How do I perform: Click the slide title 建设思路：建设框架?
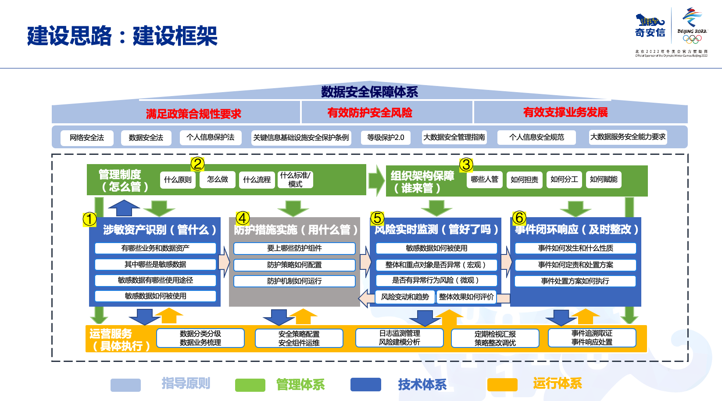pyautogui.click(x=122, y=36)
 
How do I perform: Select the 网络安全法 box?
pyautogui.click(x=87, y=138)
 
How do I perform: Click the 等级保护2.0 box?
pyautogui.click(x=386, y=138)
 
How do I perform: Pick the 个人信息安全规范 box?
pyautogui.click(x=536, y=137)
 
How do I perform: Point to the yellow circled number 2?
pyautogui.click(x=197, y=164)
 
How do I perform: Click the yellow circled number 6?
pyautogui.click(x=519, y=218)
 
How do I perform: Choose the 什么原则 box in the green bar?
pyautogui.click(x=178, y=180)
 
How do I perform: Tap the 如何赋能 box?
pyautogui.click(x=604, y=179)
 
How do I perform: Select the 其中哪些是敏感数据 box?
pyautogui.click(x=155, y=265)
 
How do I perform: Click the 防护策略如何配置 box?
pyautogui.click(x=294, y=265)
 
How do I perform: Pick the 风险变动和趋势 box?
pyautogui.click(x=405, y=297)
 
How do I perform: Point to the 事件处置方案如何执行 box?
pyautogui.click(x=575, y=281)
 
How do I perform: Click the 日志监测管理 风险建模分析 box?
pyautogui.click(x=400, y=338)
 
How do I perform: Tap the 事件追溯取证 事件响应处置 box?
pyautogui.click(x=592, y=338)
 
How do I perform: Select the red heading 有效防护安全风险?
pyautogui.click(x=370, y=113)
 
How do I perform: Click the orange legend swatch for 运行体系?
pyautogui.click(x=502, y=385)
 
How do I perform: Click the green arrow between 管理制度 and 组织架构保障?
pyautogui.click(x=376, y=180)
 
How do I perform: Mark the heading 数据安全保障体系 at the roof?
pyautogui.click(x=369, y=92)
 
